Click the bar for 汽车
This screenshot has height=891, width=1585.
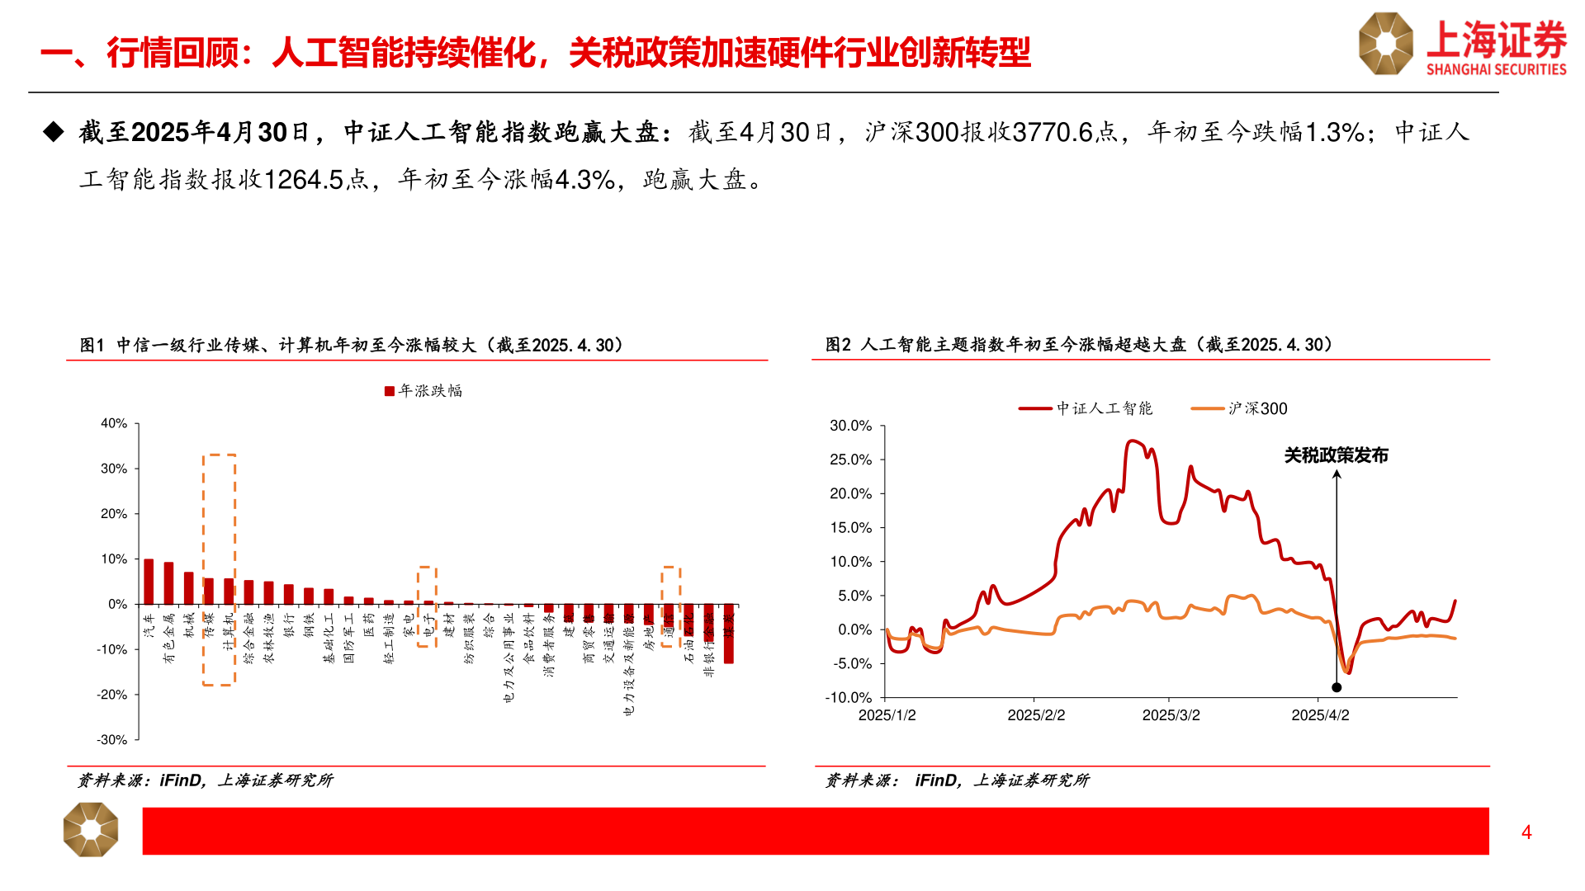tap(149, 582)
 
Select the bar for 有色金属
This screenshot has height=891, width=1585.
tap(168, 583)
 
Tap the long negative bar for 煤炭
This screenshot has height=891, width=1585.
tap(729, 634)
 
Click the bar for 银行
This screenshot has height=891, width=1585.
tap(289, 594)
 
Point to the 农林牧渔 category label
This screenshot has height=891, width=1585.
tap(268, 638)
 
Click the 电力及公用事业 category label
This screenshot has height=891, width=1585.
tap(509, 657)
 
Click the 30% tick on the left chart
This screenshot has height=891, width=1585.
tap(114, 469)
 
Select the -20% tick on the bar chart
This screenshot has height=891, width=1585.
tap(111, 695)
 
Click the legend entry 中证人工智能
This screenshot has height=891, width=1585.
tap(1086, 408)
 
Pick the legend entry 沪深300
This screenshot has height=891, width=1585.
tap(1240, 408)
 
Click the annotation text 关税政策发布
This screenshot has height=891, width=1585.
tap(1336, 455)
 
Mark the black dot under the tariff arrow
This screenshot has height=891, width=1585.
tap(1337, 687)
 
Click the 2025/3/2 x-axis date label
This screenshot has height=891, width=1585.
tap(1171, 715)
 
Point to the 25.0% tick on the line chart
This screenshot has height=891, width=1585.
tap(850, 460)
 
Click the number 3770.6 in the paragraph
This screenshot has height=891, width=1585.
tap(1052, 132)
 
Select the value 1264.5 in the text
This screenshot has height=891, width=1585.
tap(304, 179)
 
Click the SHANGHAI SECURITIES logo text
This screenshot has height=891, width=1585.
tap(1496, 69)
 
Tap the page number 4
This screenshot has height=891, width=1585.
tap(1526, 832)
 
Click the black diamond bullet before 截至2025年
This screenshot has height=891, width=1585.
tap(54, 132)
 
